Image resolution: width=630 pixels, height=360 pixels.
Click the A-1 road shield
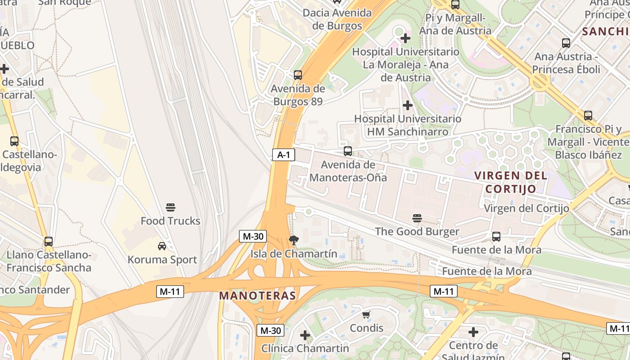(283, 155)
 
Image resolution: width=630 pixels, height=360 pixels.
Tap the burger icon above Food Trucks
(171, 207)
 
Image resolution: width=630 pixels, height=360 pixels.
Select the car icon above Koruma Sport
(162, 246)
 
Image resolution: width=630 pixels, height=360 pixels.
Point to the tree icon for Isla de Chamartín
(294, 240)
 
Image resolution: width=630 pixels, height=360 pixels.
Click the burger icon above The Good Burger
(417, 218)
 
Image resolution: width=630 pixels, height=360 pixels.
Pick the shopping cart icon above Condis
(366, 315)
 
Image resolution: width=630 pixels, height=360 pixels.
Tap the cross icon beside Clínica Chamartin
(305, 335)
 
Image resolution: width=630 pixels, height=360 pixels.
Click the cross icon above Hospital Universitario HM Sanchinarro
(408, 105)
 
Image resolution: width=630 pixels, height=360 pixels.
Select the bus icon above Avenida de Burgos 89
(298, 75)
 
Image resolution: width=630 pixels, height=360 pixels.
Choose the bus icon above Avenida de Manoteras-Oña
(348, 151)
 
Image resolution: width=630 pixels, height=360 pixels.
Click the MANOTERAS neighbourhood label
(258, 296)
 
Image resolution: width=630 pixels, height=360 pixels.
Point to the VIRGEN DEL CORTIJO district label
(511, 182)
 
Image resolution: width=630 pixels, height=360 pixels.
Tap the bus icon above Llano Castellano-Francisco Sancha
(49, 242)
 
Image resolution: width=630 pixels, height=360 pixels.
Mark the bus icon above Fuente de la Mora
(496, 237)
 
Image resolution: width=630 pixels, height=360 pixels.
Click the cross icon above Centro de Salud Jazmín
(473, 332)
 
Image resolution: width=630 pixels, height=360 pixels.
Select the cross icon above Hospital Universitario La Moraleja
(405, 38)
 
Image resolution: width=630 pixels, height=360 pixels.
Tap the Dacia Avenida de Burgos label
(337, 19)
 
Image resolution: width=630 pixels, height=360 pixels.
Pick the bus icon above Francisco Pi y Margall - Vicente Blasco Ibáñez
(588, 116)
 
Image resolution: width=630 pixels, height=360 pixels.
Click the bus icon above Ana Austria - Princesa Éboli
(566, 43)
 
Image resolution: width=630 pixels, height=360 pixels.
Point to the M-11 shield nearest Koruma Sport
(171, 291)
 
